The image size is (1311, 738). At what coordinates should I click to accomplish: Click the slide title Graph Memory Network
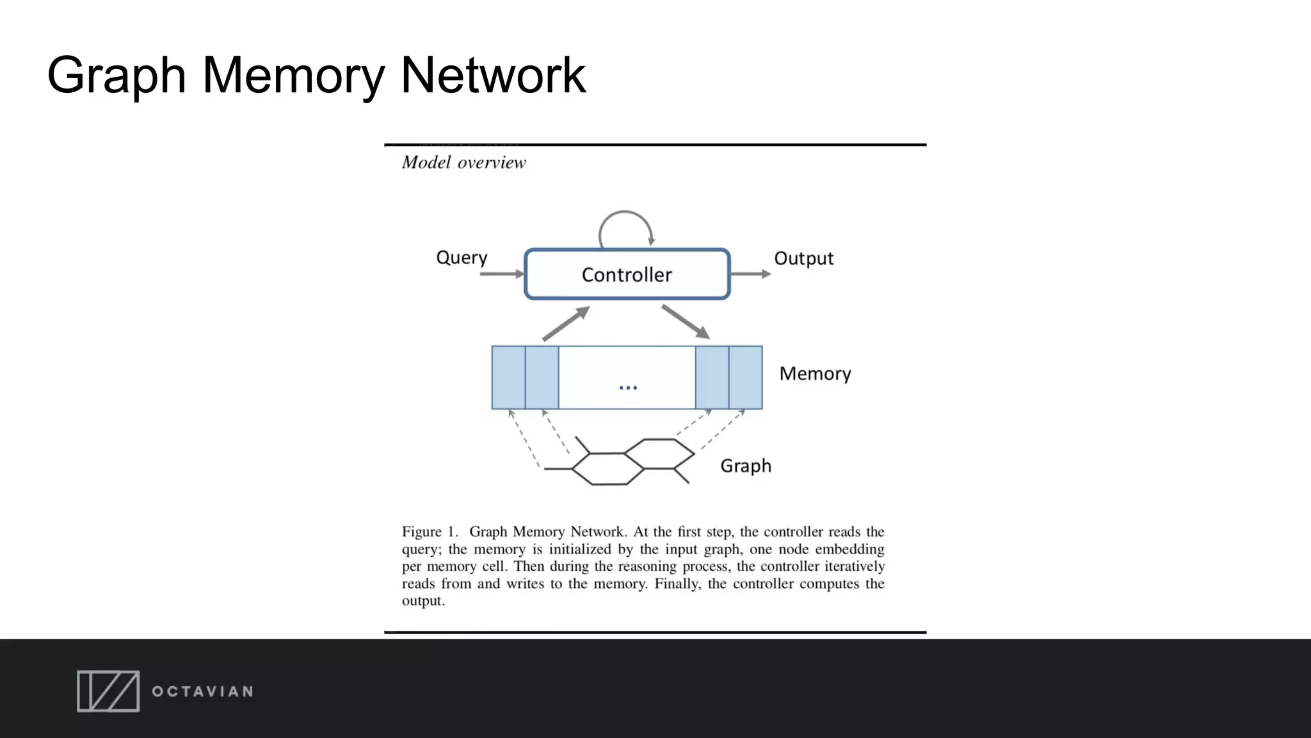[x=316, y=76]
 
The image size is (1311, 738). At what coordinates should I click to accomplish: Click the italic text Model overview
[x=463, y=163]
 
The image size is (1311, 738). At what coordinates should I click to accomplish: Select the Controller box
[x=627, y=274]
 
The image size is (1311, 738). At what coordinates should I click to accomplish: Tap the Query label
[x=462, y=258]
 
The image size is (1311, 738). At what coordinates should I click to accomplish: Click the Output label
[x=803, y=259]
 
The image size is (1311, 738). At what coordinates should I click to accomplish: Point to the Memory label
[x=815, y=373]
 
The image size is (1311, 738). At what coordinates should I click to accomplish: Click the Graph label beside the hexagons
[x=746, y=466]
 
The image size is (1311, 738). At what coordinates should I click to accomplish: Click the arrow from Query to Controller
[x=501, y=274]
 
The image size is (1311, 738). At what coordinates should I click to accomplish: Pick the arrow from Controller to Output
[x=750, y=274]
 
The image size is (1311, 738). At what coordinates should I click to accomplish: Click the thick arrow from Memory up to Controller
[x=565, y=324]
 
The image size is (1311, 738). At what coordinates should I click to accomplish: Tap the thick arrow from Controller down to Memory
[x=686, y=322]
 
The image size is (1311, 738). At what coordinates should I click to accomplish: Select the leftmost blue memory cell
[x=508, y=377]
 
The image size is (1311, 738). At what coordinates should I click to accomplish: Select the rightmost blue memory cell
[x=746, y=377]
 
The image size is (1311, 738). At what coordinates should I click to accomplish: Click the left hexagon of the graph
[x=607, y=469]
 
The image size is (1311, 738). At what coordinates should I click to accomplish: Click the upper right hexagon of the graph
[x=659, y=454]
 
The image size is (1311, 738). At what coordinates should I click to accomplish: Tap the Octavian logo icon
[x=108, y=691]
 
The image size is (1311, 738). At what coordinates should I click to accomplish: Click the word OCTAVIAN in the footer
[x=202, y=692]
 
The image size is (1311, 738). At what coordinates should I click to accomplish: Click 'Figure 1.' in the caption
[x=430, y=532]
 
